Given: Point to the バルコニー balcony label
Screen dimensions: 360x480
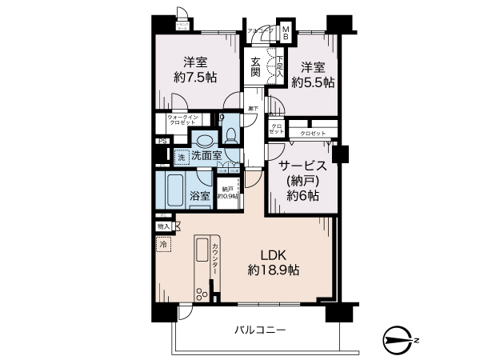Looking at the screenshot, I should click(x=260, y=329).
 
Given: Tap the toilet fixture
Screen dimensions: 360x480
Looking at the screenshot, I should click(x=230, y=134).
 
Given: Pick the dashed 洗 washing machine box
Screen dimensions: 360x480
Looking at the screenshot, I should click(x=182, y=158).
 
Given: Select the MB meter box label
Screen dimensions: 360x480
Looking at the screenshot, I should click(x=285, y=32).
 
